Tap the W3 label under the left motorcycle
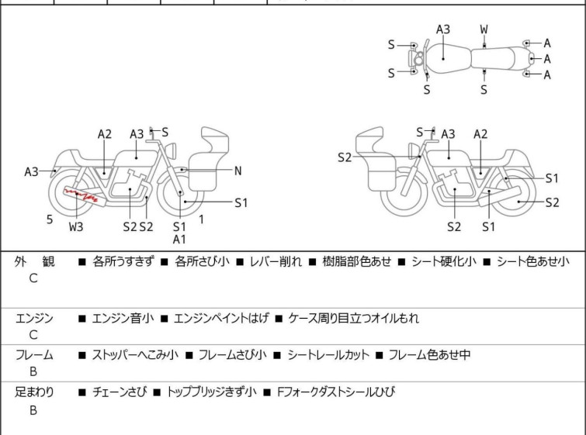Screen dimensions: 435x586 [76, 227]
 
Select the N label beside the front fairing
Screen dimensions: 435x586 [238, 171]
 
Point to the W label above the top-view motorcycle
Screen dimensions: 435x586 [484, 29]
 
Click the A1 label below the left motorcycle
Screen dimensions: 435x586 [179, 239]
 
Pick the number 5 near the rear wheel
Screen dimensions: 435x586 [50, 219]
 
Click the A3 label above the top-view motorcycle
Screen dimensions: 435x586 [443, 29]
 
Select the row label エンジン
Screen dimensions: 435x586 [34, 318]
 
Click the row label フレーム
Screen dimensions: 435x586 [34, 355]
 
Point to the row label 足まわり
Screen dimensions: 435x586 [34, 392]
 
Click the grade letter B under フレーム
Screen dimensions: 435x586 [33, 373]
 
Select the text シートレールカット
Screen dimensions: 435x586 [328, 355]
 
